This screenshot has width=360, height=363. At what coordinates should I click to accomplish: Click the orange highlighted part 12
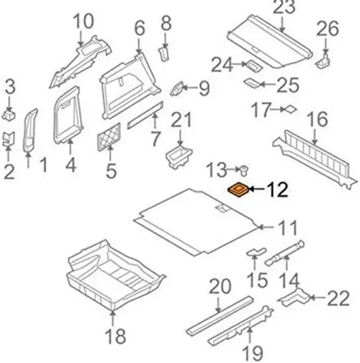coord(239,190)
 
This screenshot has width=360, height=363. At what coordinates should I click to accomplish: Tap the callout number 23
coord(283,8)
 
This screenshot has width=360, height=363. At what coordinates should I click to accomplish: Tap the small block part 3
coord(10,115)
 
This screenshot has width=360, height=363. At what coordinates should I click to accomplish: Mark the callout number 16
coord(317,120)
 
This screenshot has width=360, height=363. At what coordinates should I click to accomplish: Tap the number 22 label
coord(338,298)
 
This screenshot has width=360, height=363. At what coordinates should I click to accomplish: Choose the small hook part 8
coord(164,53)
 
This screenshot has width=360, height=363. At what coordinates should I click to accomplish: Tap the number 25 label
coord(290,85)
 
